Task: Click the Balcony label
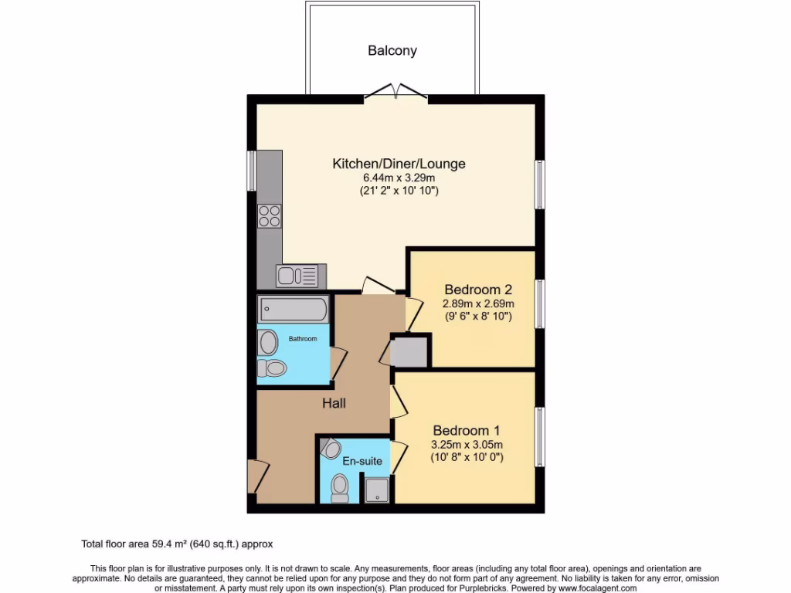[x=392, y=51]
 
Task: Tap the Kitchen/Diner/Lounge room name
[x=399, y=164]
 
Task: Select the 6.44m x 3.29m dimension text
[x=399, y=178]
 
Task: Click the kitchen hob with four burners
[x=270, y=215]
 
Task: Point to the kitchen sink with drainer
[x=296, y=276]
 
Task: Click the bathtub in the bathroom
[x=294, y=310]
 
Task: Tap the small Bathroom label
[x=303, y=339]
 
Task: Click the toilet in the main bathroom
[x=273, y=368]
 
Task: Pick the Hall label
[x=334, y=403]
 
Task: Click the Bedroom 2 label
[x=477, y=290]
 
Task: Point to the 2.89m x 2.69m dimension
[x=477, y=303]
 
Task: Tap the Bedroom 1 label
[x=467, y=430]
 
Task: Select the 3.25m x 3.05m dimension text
[x=467, y=444]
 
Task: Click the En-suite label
[x=362, y=461]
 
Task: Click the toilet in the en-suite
[x=338, y=487]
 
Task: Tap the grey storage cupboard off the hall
[x=409, y=352]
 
